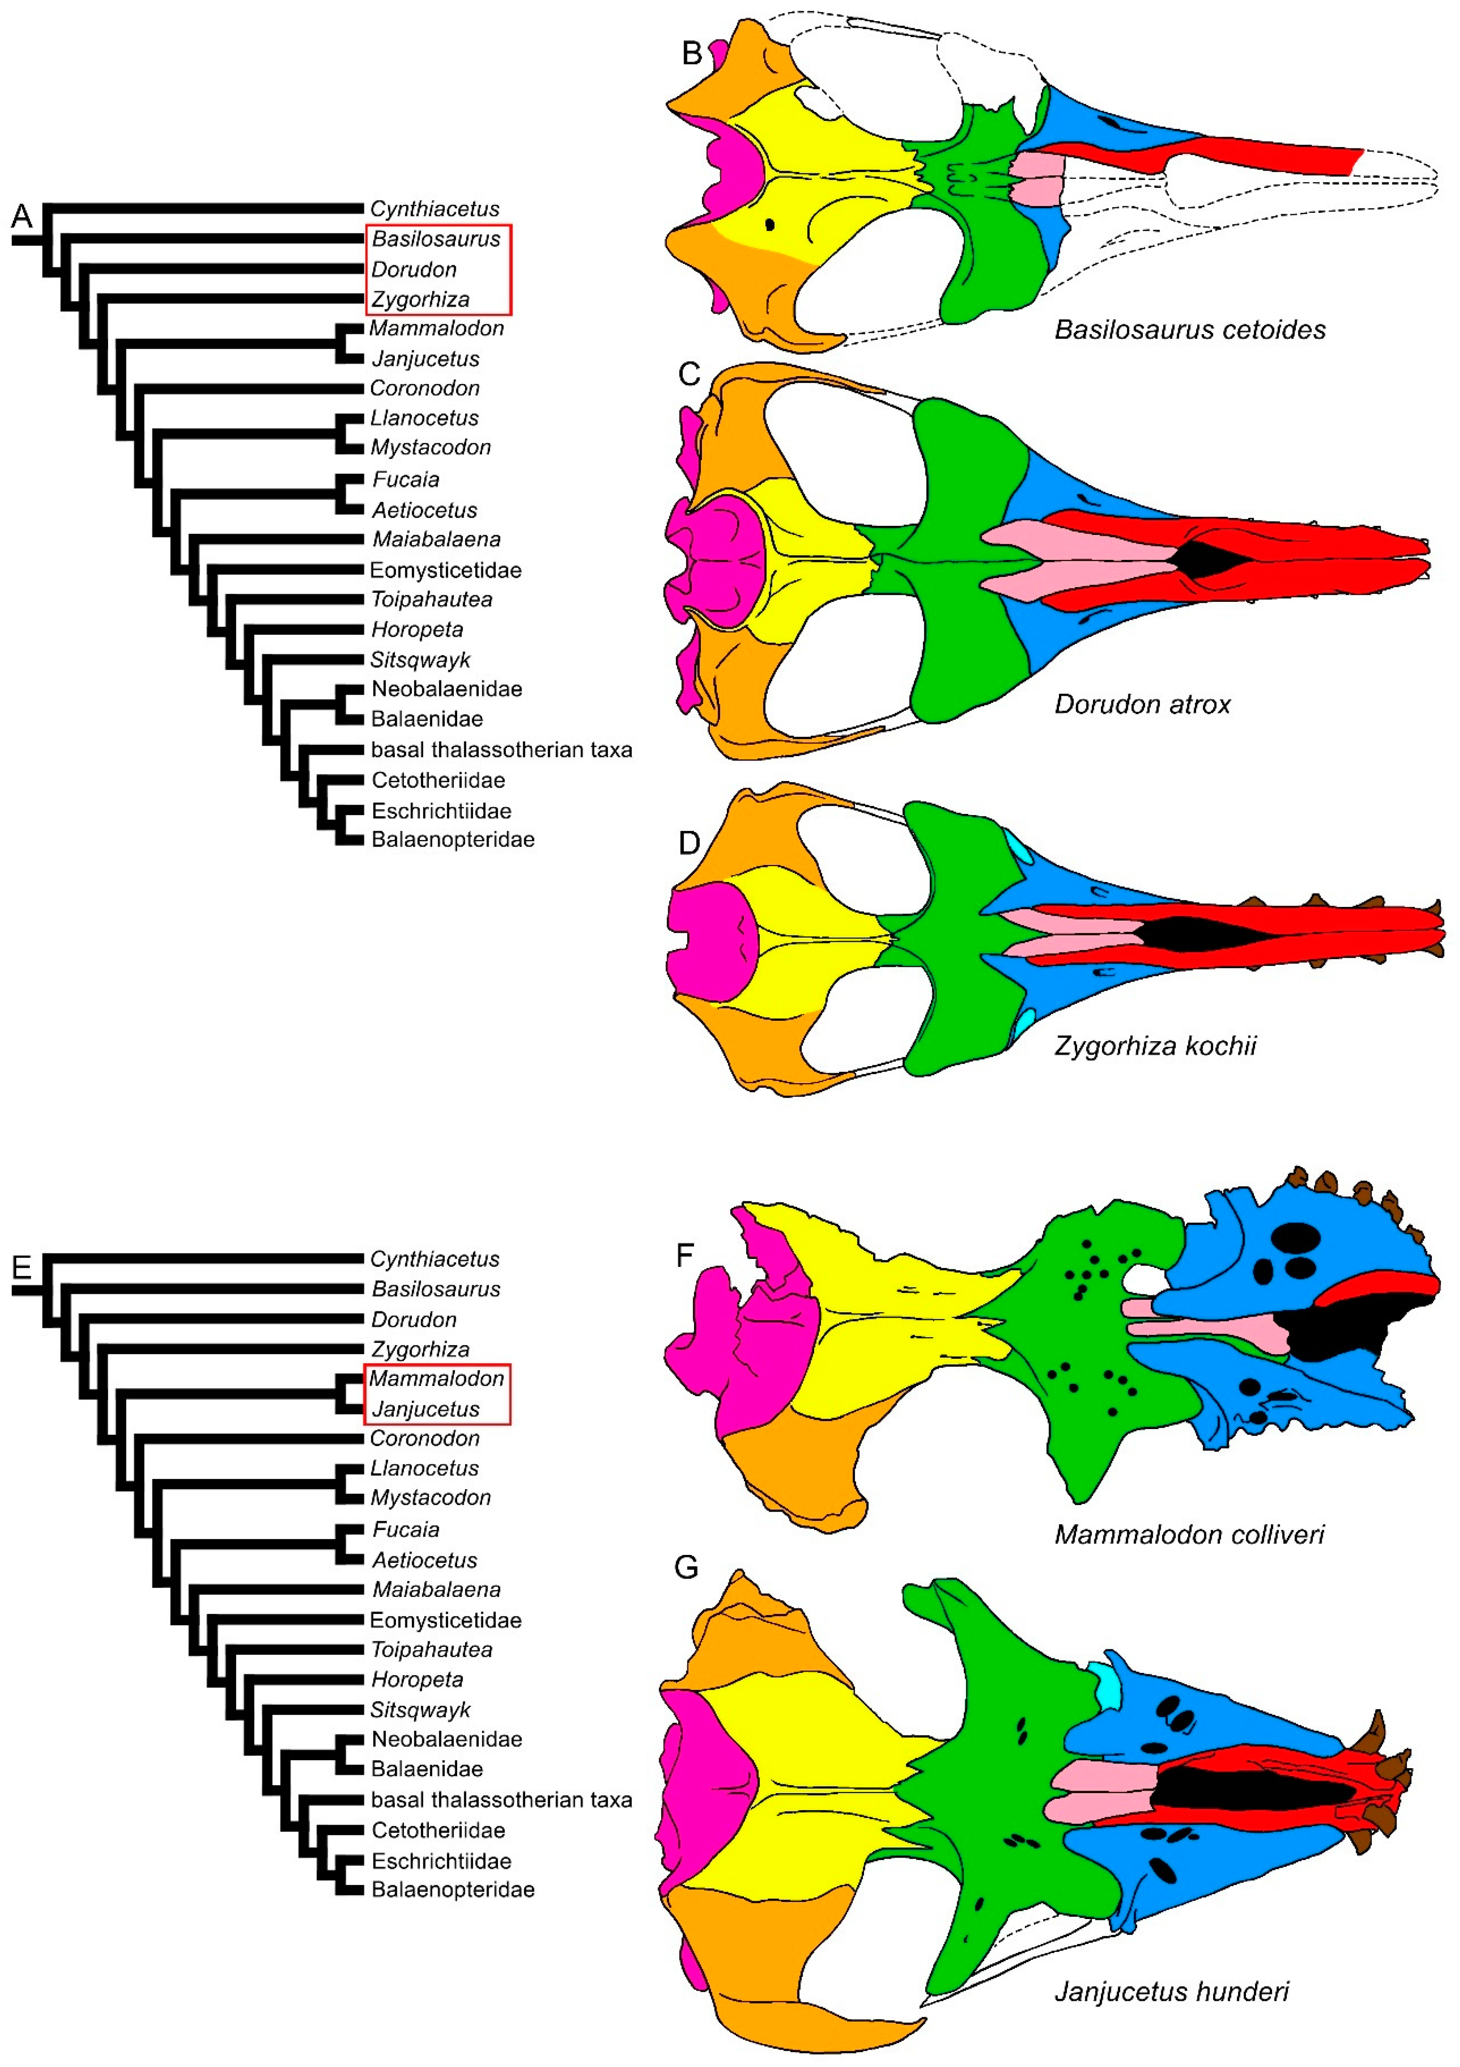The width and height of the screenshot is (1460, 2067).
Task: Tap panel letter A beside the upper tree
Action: click(x=22, y=216)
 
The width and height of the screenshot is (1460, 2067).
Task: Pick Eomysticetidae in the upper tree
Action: click(x=446, y=570)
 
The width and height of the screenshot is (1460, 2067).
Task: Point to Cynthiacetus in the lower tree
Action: click(x=435, y=1259)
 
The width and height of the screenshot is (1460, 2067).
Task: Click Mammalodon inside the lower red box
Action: click(x=436, y=1378)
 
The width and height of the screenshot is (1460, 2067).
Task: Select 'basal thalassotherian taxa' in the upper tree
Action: click(x=501, y=750)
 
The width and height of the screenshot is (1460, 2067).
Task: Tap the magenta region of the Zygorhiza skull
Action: click(x=711, y=941)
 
